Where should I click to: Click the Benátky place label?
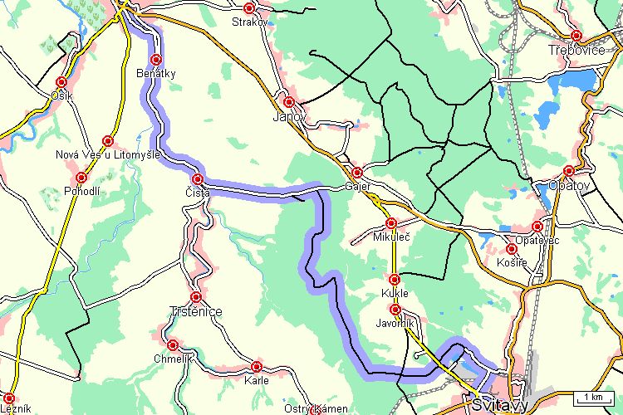(x=155, y=75)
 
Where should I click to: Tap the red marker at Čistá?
(x=198, y=179)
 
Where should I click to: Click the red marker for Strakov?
(x=248, y=7)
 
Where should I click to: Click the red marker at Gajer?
(x=357, y=173)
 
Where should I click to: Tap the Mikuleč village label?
(x=390, y=238)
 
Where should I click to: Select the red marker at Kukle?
(x=395, y=280)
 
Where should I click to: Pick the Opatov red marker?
(x=569, y=170)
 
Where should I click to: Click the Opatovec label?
(x=537, y=240)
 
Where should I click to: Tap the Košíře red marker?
(x=512, y=249)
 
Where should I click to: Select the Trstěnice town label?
(x=196, y=311)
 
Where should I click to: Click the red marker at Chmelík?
(x=173, y=344)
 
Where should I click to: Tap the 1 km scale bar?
(x=592, y=397)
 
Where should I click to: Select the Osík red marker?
(x=61, y=82)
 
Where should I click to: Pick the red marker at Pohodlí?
(x=81, y=178)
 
